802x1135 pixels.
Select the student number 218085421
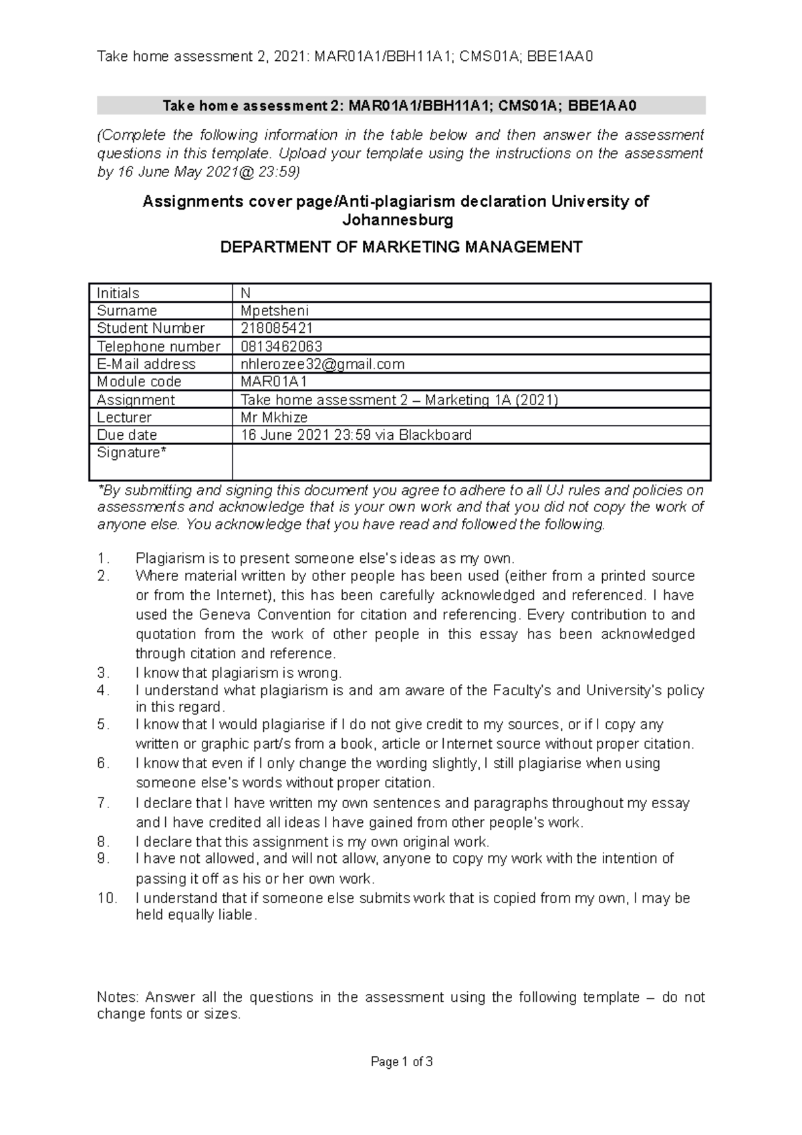tap(277, 328)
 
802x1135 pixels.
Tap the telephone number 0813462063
tap(281, 346)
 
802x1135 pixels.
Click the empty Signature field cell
tap(471, 462)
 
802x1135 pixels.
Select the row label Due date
tap(127, 435)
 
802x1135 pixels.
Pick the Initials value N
tap(245, 293)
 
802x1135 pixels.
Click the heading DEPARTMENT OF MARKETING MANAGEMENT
tap(401, 247)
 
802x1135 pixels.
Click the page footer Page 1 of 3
tap(402, 1062)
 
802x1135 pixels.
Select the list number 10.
tap(107, 898)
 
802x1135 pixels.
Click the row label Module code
tap(139, 382)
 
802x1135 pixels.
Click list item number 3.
tap(102, 673)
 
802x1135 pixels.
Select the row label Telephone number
tap(158, 346)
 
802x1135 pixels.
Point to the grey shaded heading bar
tap(401, 106)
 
